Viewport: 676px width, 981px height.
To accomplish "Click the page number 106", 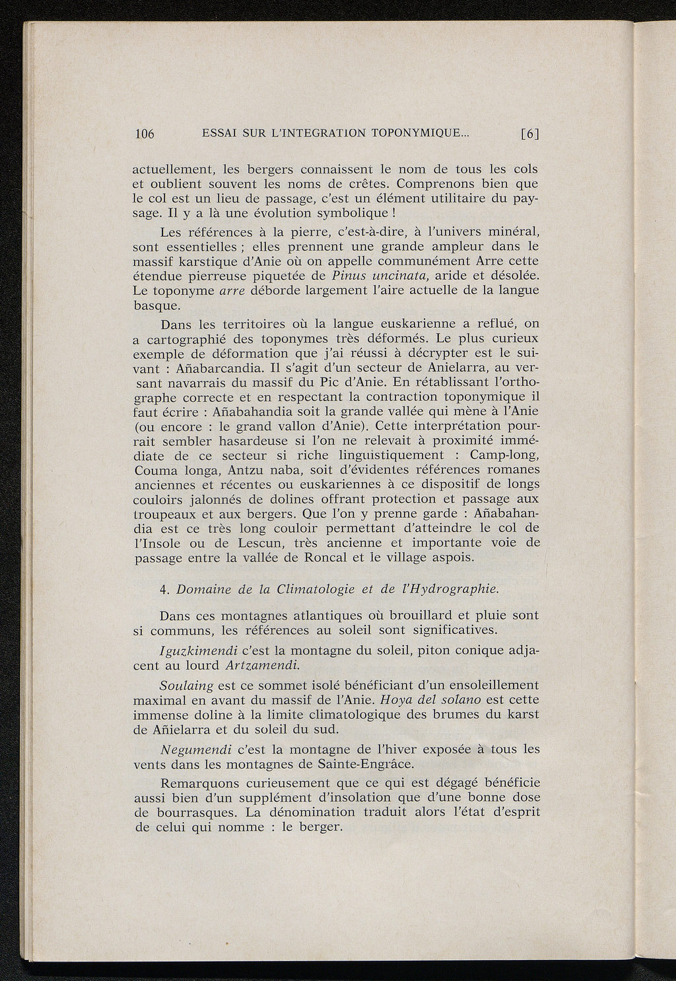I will click(144, 134).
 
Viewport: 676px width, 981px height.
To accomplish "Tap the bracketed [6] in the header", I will click(530, 134).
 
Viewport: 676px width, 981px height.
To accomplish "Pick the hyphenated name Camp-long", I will click(505, 455).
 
